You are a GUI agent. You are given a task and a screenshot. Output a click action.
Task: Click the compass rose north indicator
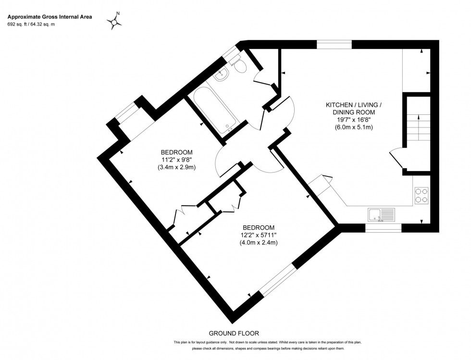coord(115,21)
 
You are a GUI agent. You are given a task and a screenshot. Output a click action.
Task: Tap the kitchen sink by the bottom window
coord(381,214)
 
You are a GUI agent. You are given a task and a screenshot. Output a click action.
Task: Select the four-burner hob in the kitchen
coord(421,194)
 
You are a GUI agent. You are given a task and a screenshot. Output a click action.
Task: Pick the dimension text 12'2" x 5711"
coord(259,235)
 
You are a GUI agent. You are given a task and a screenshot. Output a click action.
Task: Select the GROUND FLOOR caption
coord(234,333)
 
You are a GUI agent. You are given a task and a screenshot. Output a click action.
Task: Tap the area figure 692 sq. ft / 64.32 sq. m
coord(37,25)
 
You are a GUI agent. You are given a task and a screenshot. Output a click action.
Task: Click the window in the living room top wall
coord(335,45)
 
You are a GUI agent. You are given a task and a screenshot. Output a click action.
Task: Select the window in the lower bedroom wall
coord(277,279)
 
